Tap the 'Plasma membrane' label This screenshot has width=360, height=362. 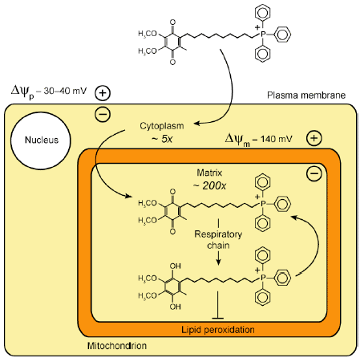(306, 96)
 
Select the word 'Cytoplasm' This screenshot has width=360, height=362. (162, 126)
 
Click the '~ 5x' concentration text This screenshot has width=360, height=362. (162, 139)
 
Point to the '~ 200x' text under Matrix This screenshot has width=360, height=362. (209, 185)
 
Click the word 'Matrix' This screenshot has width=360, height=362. (209, 173)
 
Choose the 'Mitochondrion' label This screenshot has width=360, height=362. (117, 346)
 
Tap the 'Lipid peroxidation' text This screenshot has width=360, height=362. (218, 330)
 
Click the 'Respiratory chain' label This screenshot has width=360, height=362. (218, 240)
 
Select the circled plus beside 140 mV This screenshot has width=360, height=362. (314, 138)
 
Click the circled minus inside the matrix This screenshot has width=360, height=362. (314, 173)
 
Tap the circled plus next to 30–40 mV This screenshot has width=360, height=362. (103, 93)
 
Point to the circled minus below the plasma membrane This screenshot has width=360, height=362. (103, 114)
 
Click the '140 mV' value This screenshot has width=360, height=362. (277, 139)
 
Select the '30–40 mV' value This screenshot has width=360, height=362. (65, 91)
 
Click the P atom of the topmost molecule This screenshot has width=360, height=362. (263, 35)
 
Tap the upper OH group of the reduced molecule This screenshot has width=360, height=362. (175, 266)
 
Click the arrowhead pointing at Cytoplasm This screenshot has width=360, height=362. (196, 124)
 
